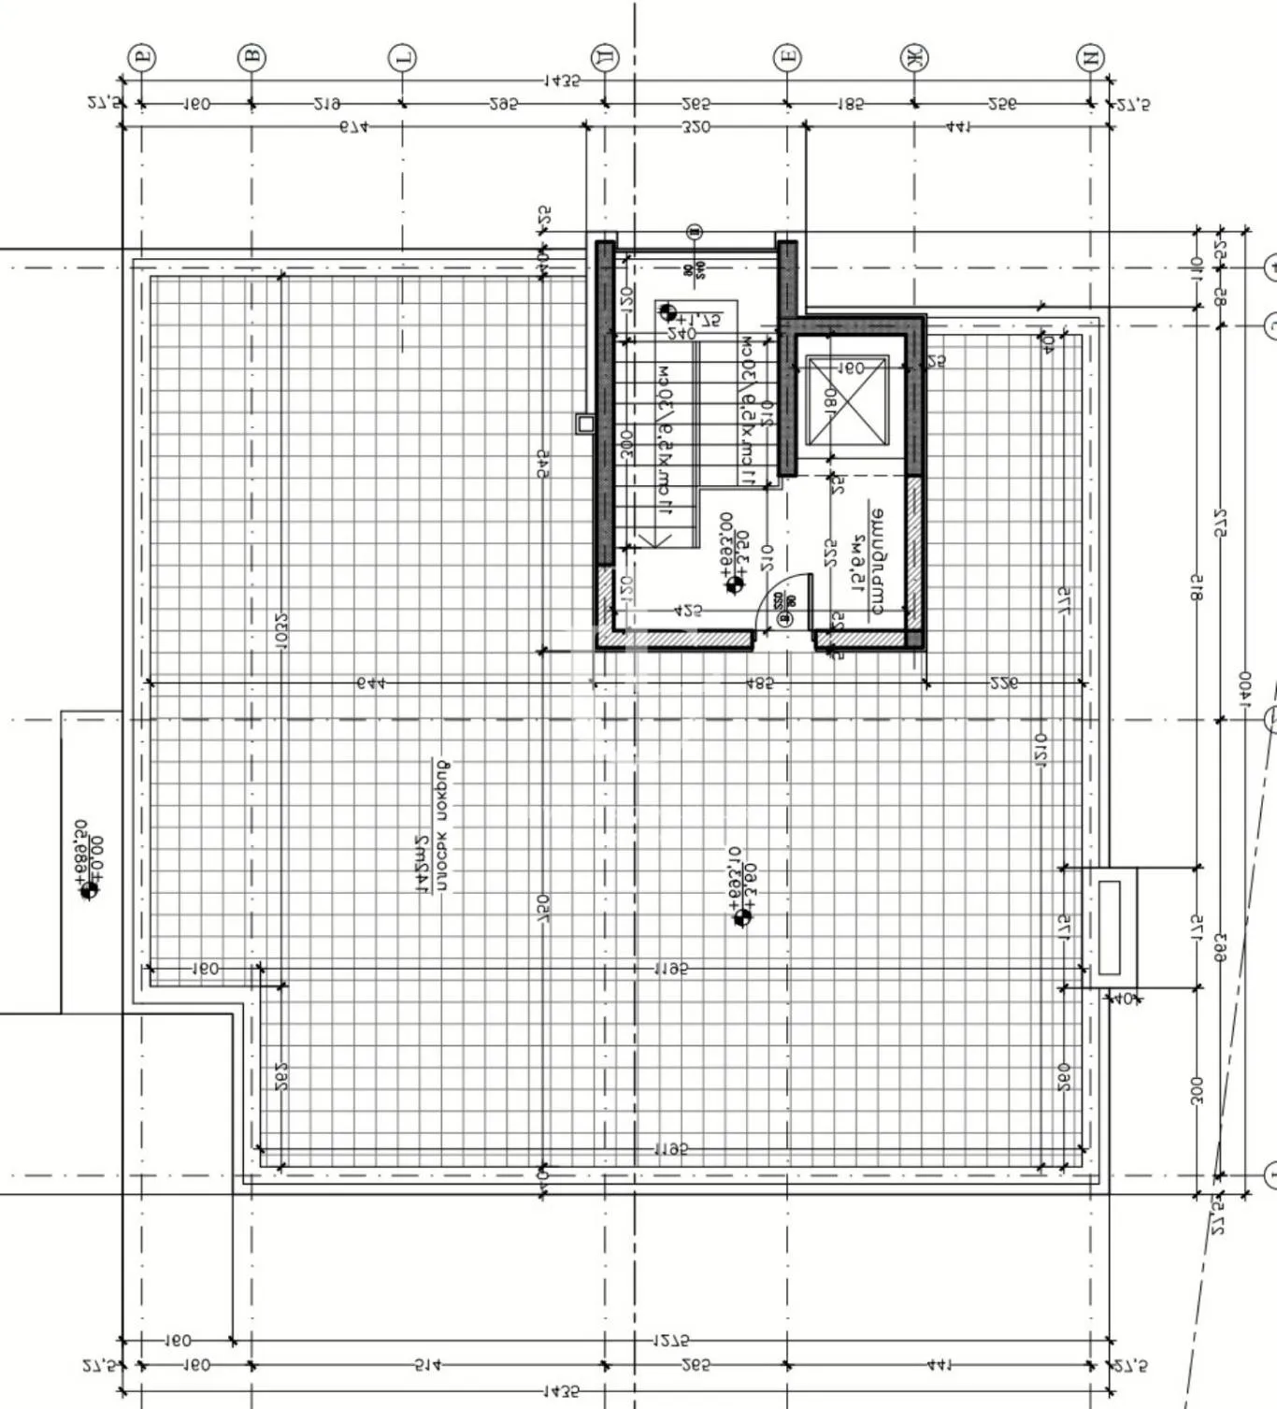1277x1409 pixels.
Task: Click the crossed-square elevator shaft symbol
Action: click(x=847, y=403)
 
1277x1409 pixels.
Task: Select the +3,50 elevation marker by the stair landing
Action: click(x=735, y=584)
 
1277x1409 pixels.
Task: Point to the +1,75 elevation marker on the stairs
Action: click(x=667, y=311)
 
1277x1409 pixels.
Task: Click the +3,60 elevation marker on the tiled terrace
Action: click(x=742, y=917)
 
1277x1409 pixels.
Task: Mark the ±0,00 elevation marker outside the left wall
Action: click(x=89, y=890)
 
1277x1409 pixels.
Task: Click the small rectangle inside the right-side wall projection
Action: click(x=1111, y=927)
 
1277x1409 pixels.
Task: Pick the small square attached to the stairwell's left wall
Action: click(x=585, y=424)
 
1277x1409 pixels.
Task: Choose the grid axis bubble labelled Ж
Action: click(x=913, y=58)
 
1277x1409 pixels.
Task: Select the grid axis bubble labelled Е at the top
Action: click(x=787, y=58)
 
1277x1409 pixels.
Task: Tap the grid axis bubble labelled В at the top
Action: click(x=251, y=58)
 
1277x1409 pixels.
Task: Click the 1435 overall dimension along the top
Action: click(x=561, y=81)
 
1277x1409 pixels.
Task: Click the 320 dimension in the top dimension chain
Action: click(x=696, y=126)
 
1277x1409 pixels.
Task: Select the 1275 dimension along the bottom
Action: click(x=671, y=1341)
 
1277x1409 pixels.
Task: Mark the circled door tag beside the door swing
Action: click(x=783, y=617)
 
